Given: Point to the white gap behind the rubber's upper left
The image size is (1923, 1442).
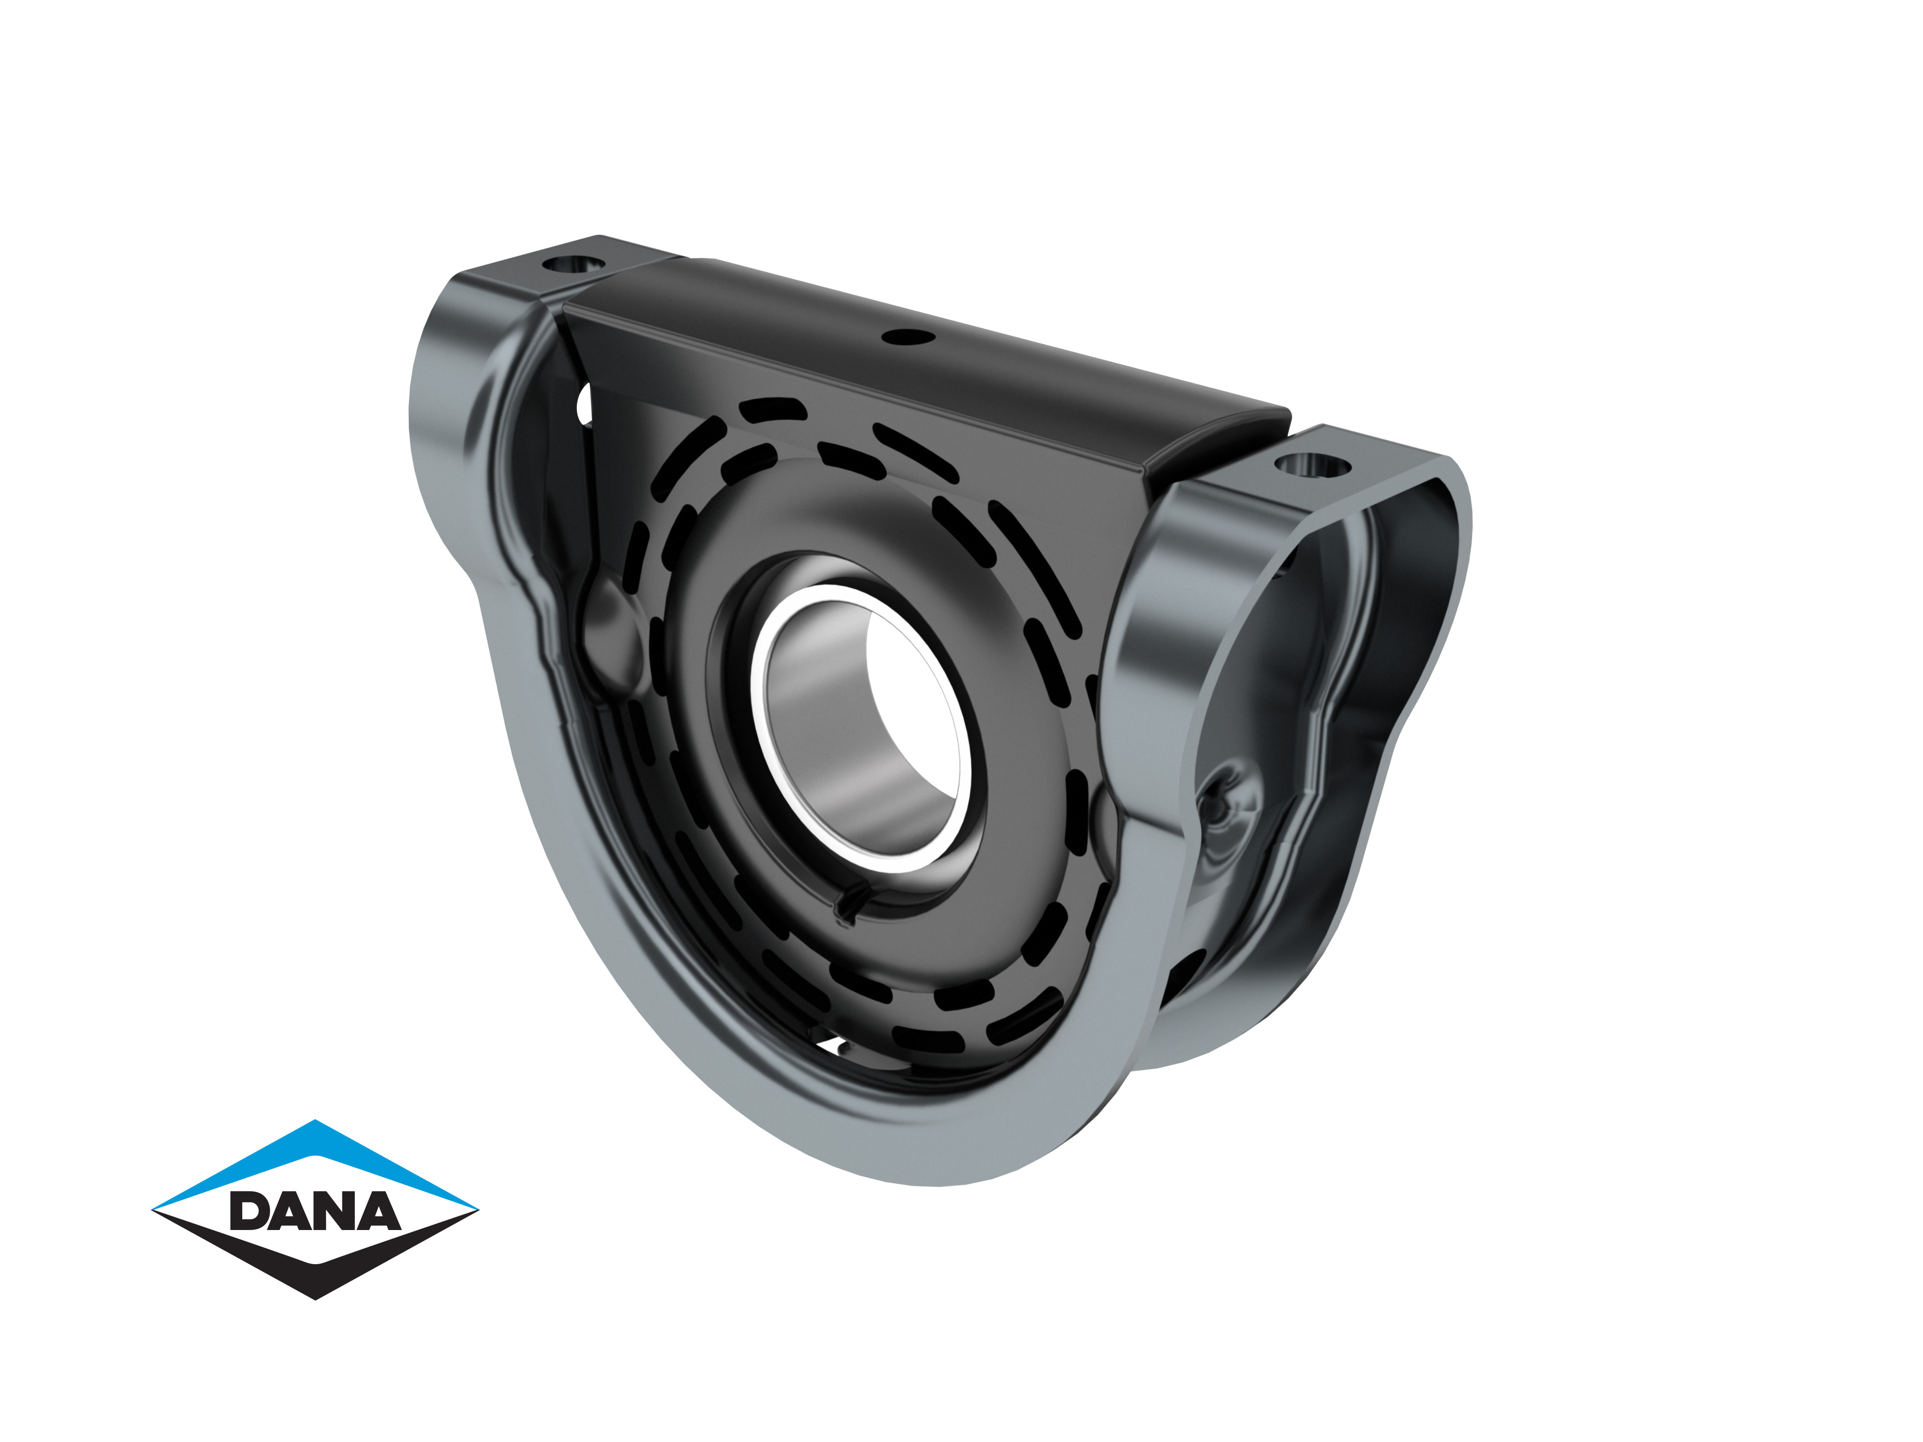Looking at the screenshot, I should [584, 404].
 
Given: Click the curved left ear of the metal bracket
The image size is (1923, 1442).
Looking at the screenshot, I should [452, 391].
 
